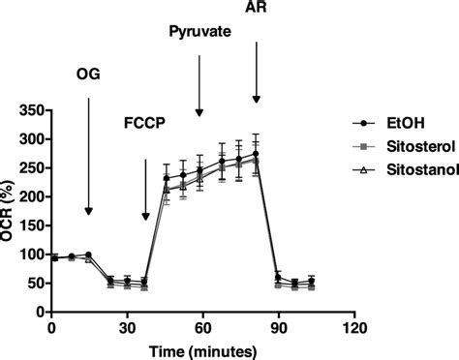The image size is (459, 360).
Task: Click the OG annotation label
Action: point(88,73)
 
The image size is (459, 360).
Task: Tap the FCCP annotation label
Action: point(145,123)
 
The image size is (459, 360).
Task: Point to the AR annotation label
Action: point(257,9)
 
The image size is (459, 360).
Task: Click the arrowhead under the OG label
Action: point(88,211)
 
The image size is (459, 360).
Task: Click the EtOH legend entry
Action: point(391,124)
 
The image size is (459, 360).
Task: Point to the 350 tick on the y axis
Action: point(32,110)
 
